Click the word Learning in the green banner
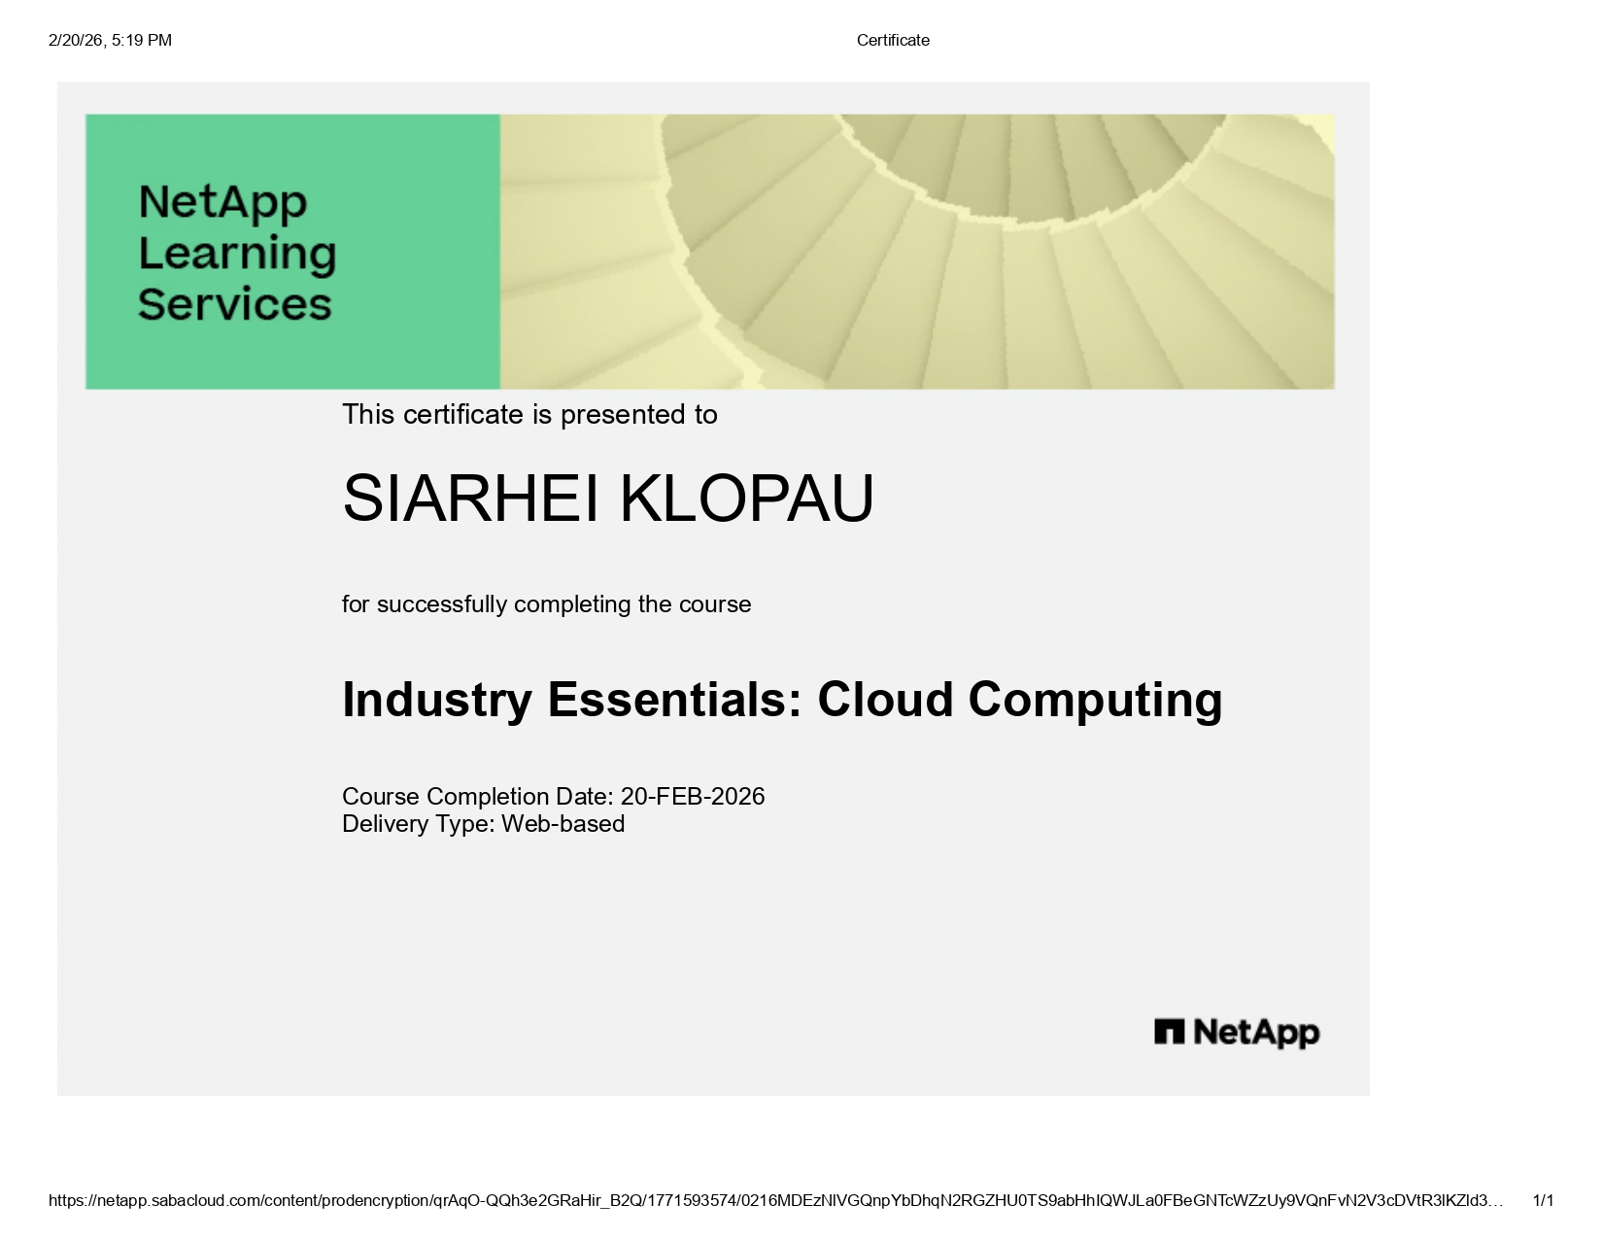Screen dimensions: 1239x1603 [x=237, y=254]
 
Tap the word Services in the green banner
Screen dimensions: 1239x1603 [x=235, y=304]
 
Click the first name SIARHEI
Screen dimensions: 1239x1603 [x=470, y=499]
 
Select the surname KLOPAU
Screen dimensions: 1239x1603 [x=746, y=499]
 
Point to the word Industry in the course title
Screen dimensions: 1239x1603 [x=437, y=700]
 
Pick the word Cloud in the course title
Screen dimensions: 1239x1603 [x=885, y=700]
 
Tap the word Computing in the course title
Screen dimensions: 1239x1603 [x=1095, y=700]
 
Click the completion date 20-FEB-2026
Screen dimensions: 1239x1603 [x=693, y=797]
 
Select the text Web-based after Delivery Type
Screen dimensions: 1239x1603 [x=563, y=824]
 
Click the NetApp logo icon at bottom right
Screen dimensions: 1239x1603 [x=1169, y=1032]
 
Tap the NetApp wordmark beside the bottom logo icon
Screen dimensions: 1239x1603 [x=1256, y=1032]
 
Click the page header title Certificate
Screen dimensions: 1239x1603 [x=893, y=40]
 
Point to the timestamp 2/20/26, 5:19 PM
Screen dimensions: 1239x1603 [x=110, y=40]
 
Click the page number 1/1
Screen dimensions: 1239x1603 [x=1543, y=1201]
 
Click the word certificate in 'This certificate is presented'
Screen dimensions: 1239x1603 [x=462, y=415]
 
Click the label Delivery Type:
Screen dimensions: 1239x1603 [x=418, y=824]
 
